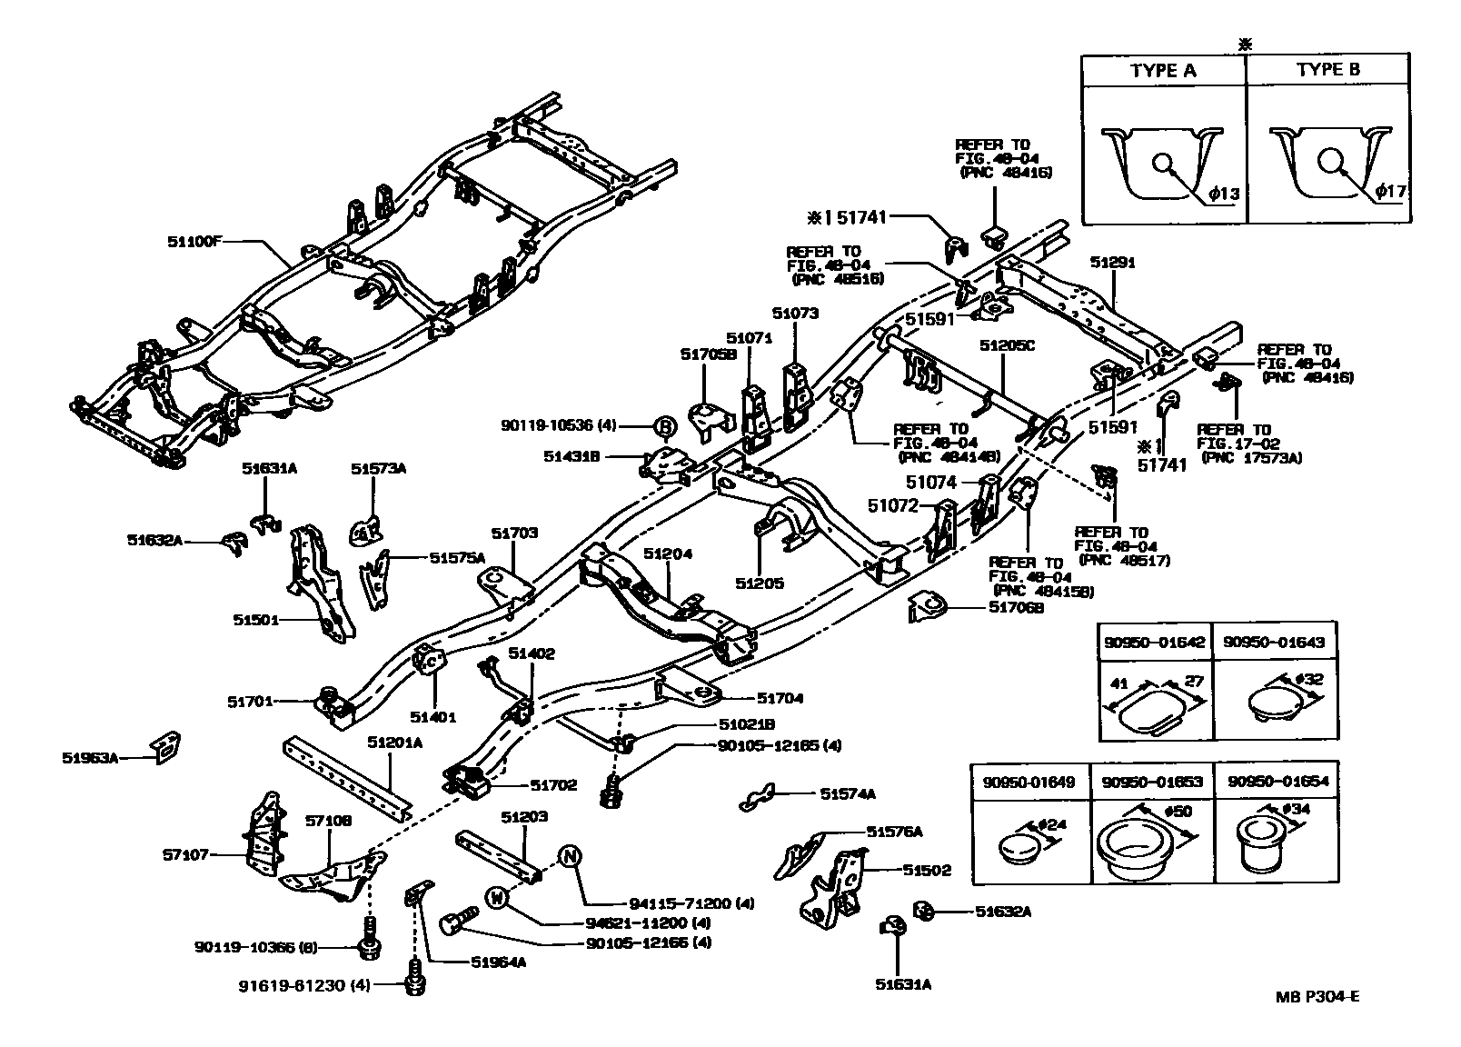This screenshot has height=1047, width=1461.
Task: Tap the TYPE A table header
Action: (1163, 71)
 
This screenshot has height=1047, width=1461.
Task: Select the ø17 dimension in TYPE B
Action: (1390, 192)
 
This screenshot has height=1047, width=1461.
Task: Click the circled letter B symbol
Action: (664, 425)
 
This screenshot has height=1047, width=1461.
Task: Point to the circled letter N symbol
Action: (569, 856)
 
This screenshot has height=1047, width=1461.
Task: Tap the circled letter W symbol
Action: (496, 897)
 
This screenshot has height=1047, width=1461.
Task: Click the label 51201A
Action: (394, 743)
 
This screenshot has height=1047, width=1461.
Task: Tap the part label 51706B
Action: (1015, 607)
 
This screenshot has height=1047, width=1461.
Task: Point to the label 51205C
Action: (1007, 346)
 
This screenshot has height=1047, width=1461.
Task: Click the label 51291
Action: (1113, 263)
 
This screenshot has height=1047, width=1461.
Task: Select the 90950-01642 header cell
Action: (1154, 642)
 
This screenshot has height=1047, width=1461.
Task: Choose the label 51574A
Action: (847, 793)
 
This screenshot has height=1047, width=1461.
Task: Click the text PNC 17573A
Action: (1251, 458)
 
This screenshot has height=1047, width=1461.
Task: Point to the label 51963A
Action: (91, 756)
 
